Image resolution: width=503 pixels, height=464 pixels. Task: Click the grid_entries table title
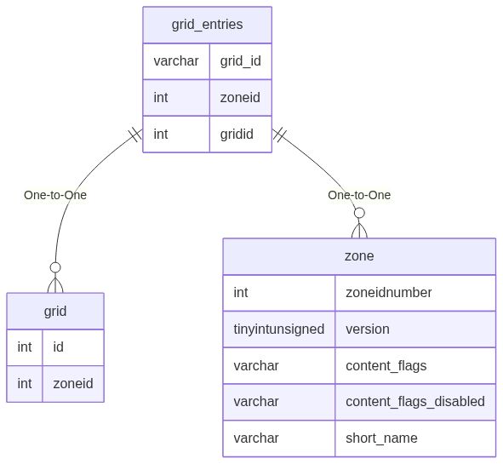point(207,25)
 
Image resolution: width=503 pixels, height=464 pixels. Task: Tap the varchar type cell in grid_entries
point(176,61)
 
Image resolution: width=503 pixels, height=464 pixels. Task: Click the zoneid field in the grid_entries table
point(240,98)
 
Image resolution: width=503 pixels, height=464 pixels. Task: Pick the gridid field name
point(237,135)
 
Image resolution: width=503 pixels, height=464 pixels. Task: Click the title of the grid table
point(55,312)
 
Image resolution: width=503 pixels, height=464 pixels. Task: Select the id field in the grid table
point(59,347)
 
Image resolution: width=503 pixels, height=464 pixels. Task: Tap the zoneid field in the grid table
point(73,384)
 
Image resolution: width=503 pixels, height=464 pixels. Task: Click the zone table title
point(359,256)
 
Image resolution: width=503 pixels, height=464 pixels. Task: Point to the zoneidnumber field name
point(388,293)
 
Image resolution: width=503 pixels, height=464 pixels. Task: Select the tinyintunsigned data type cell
point(279,329)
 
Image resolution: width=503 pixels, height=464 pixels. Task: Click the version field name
point(367,329)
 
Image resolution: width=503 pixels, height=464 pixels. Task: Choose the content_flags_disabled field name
point(414,402)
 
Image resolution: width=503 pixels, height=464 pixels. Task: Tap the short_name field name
point(381,438)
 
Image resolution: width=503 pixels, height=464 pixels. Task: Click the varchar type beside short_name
point(256,438)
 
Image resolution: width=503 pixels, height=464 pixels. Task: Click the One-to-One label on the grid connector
point(55,195)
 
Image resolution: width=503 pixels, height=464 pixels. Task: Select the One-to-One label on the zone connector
point(359,195)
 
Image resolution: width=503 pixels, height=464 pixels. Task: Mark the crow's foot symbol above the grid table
point(55,281)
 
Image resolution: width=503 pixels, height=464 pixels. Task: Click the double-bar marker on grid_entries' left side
point(134,136)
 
